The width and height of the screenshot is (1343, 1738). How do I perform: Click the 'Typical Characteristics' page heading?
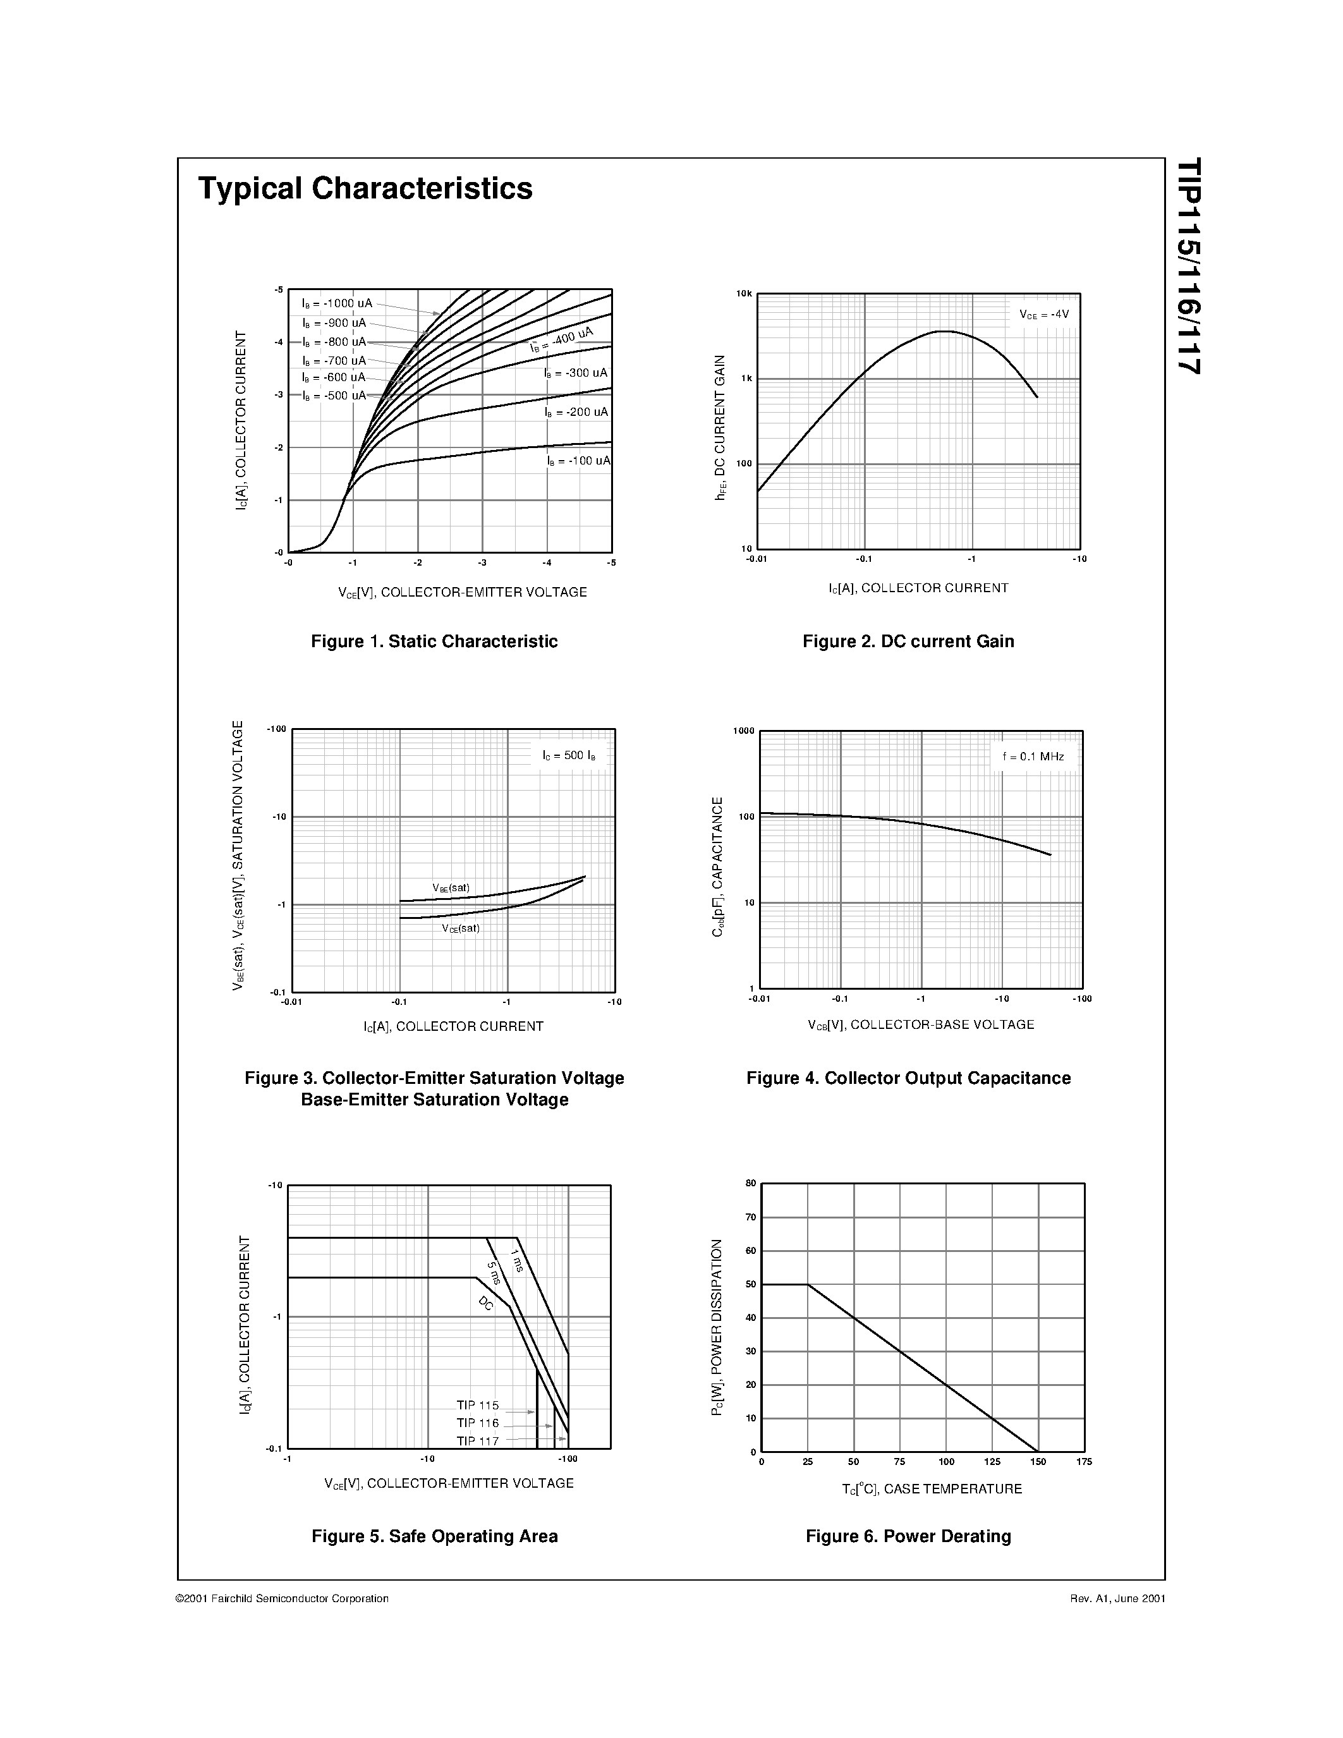365,188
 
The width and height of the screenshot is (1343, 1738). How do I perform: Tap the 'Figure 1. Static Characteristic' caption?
434,641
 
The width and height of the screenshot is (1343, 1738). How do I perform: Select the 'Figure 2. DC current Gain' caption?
908,641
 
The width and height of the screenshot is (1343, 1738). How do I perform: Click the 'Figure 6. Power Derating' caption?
908,1536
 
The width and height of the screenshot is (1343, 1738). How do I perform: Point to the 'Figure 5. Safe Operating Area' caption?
434,1536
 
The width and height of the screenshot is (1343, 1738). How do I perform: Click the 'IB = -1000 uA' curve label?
337,303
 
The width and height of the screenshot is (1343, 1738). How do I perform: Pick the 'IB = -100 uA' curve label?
578,461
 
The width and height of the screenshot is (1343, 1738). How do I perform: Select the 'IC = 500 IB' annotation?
569,755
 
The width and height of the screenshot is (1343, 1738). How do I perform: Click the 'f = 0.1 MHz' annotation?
1033,757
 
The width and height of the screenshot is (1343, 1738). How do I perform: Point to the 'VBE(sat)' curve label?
451,887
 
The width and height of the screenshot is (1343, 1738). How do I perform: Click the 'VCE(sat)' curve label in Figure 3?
461,928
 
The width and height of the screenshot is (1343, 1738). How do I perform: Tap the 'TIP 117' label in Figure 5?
477,1440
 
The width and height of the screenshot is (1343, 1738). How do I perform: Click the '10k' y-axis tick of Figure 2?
743,294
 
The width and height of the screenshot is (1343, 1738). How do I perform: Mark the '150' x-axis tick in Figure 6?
1038,1462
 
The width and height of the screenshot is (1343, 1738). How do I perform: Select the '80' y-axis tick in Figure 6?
750,1183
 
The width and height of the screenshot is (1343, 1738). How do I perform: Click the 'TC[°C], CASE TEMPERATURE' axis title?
932,1489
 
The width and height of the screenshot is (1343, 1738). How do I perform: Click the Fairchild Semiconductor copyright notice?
283,1598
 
